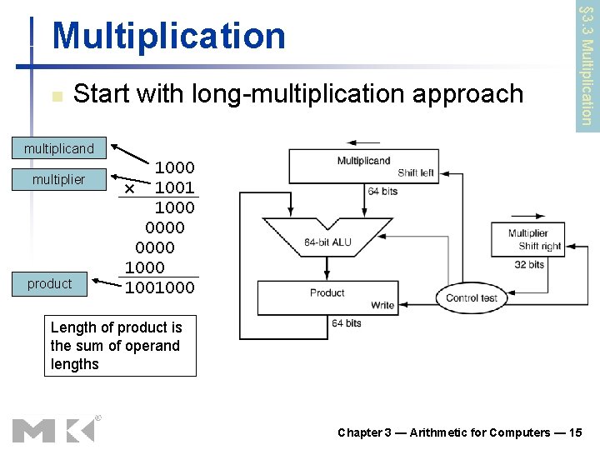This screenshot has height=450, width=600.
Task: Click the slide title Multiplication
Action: tap(168, 36)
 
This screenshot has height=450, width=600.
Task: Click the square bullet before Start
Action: tap(56, 97)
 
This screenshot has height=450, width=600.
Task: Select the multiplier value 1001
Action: tap(175, 187)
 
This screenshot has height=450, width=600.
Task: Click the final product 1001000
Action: tap(160, 287)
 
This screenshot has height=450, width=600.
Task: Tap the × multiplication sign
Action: tap(129, 189)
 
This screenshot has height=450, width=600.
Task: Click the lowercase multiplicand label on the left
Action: tap(59, 149)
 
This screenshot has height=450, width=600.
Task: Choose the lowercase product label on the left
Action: tap(49, 283)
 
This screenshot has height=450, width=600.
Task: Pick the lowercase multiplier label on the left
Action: tap(58, 179)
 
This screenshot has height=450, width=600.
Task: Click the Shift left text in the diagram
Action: tap(416, 172)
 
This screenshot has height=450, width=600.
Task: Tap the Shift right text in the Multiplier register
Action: tap(539, 246)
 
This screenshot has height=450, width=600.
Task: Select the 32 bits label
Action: tap(527, 264)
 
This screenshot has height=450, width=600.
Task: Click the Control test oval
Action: tap(472, 297)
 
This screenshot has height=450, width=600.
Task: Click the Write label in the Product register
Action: tap(382, 305)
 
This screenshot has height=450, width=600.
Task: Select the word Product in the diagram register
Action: tap(327, 292)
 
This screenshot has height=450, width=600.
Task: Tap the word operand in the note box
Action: tap(148, 346)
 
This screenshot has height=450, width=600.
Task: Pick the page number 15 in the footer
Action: tap(577, 432)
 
